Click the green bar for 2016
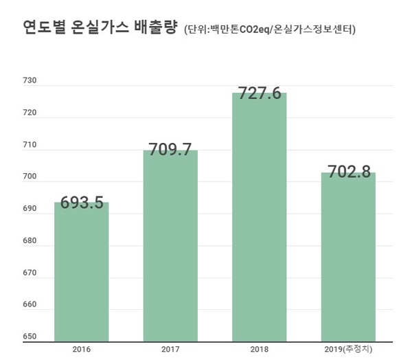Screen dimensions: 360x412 click(81, 275)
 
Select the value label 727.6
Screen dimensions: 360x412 click(259, 93)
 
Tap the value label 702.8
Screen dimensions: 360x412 click(347, 172)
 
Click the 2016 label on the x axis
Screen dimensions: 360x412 click(81, 349)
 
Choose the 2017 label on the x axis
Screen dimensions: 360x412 click(170, 349)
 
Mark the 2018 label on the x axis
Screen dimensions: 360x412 click(259, 349)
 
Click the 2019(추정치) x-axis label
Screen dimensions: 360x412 click(347, 349)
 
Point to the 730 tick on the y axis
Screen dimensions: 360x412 click(30, 81)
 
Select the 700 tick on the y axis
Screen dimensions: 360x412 click(30, 177)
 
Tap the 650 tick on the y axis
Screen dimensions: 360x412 click(30, 337)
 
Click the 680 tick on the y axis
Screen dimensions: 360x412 click(30, 241)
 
